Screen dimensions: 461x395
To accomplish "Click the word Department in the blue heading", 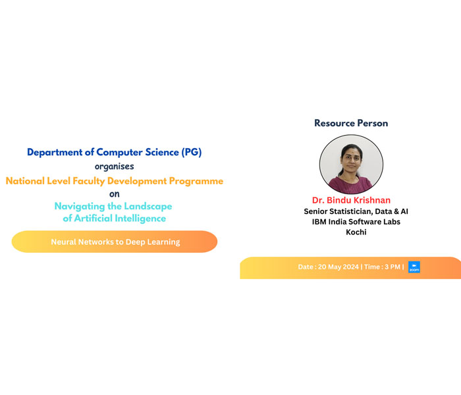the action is (x=55, y=153).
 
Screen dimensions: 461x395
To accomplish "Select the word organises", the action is (x=115, y=167).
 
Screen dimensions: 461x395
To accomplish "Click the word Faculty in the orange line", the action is (x=88, y=181).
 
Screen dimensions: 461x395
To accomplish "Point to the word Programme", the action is (x=196, y=181).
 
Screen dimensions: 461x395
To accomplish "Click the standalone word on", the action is (x=115, y=194).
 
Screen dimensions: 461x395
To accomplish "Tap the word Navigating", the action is (x=80, y=206).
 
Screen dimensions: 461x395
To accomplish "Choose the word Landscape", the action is (x=148, y=206).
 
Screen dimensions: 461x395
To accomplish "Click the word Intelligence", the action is (x=140, y=219).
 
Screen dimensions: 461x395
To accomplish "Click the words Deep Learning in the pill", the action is (x=153, y=242).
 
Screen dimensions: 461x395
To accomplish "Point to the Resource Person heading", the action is (x=351, y=123).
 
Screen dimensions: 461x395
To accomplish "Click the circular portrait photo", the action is (x=351, y=164).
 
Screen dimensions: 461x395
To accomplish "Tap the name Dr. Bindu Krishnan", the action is (x=351, y=200).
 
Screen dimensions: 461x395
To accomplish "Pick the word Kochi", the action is (x=356, y=232).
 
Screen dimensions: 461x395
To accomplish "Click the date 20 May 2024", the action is (x=338, y=267).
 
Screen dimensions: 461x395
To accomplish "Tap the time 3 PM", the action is (x=393, y=267).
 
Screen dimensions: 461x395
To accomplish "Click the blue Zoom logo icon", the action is (x=414, y=267).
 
